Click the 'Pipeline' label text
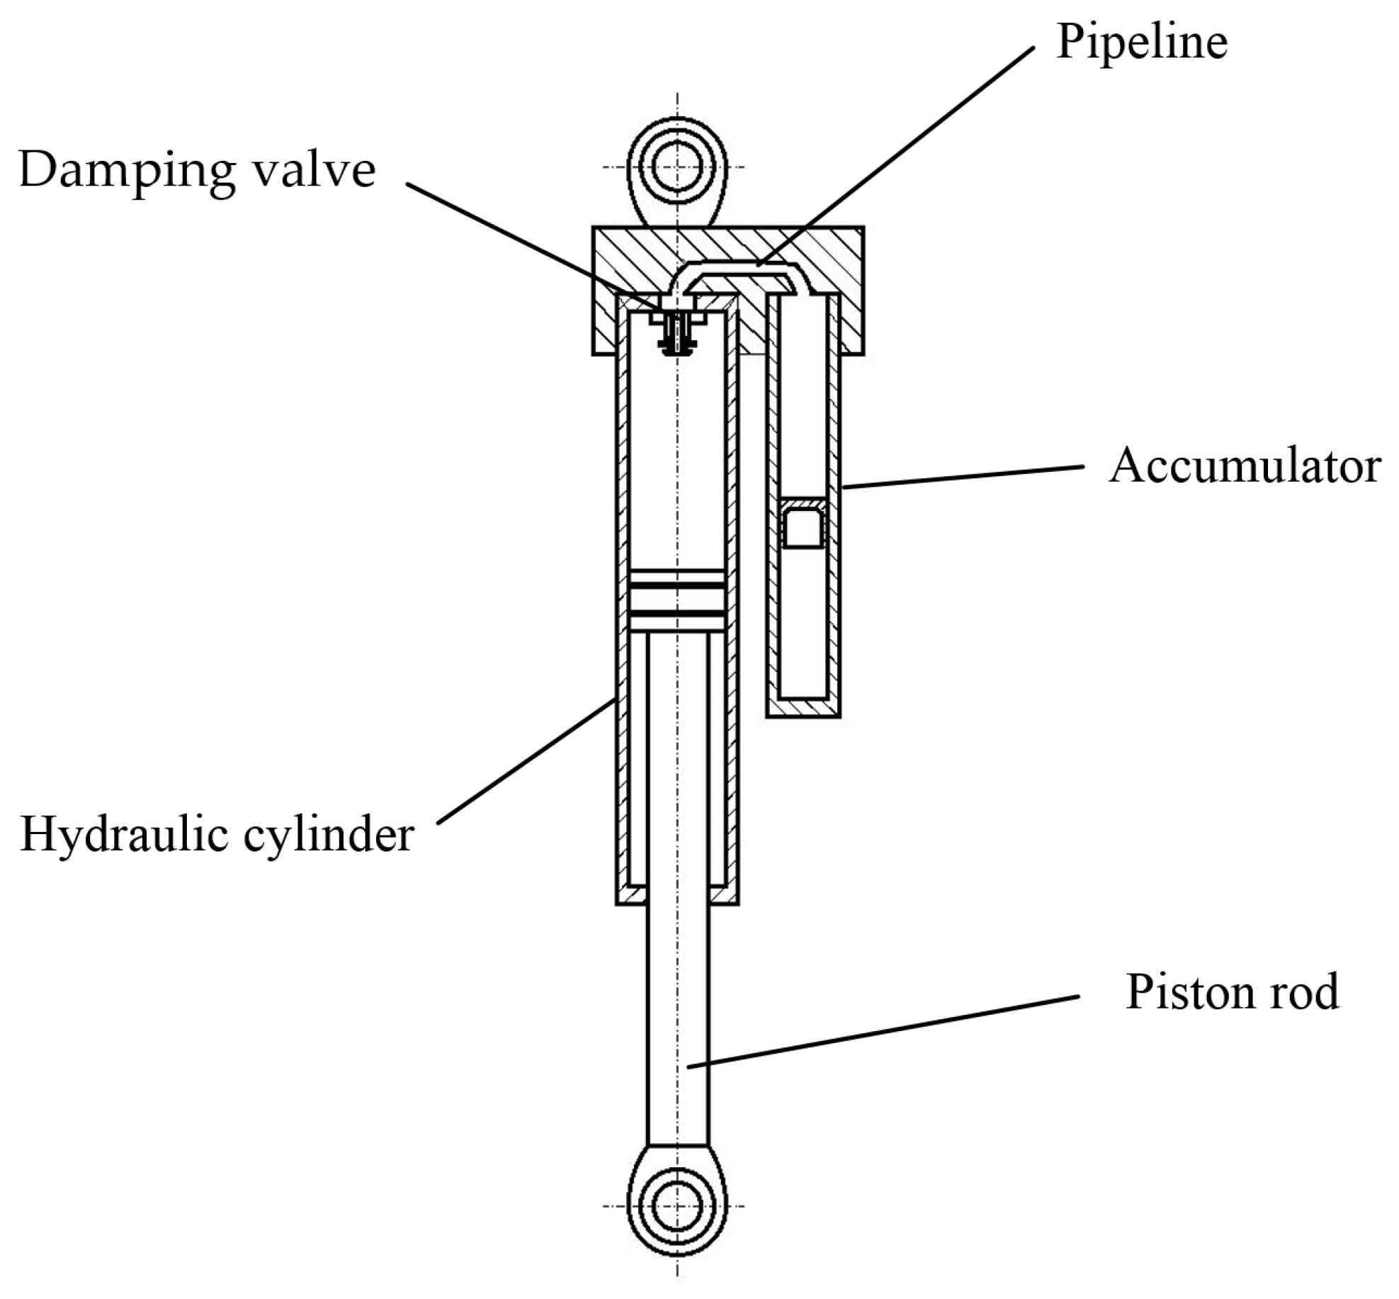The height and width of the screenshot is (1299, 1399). coord(1141,43)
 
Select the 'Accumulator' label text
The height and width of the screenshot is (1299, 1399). coord(1245,466)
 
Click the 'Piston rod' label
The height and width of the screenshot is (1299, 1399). coord(1233,991)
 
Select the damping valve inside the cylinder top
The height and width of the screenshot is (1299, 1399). coord(678,330)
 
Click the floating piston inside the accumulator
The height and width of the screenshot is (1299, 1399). coord(803,524)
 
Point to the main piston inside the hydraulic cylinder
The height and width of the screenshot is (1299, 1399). coord(677,601)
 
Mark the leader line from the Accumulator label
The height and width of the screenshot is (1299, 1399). coord(963,476)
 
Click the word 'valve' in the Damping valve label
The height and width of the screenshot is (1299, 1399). coord(315,171)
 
